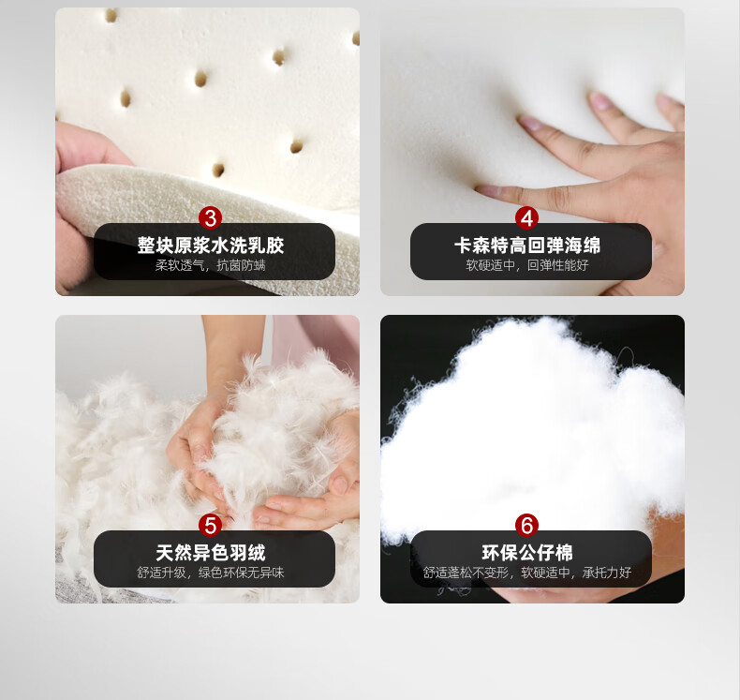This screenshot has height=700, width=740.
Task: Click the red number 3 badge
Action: [211, 218]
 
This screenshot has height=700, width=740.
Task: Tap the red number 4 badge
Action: [526, 218]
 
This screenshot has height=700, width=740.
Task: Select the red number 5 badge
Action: [211, 525]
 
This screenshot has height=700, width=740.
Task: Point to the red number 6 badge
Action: [526, 525]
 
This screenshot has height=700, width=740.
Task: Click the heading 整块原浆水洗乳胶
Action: [211, 246]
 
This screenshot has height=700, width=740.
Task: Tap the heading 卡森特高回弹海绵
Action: [527, 246]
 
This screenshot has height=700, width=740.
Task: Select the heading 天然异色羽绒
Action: [211, 552]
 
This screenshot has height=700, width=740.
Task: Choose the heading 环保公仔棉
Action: [527, 552]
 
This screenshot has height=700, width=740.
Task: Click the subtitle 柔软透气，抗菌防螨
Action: [211, 265]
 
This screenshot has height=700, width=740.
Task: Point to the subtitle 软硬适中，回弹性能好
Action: [527, 265]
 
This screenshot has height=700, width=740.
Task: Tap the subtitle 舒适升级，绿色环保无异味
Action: [211, 573]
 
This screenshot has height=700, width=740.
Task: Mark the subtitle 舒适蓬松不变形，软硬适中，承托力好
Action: [527, 573]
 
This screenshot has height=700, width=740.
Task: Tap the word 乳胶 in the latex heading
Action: [266, 246]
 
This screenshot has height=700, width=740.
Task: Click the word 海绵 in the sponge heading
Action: [583, 246]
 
